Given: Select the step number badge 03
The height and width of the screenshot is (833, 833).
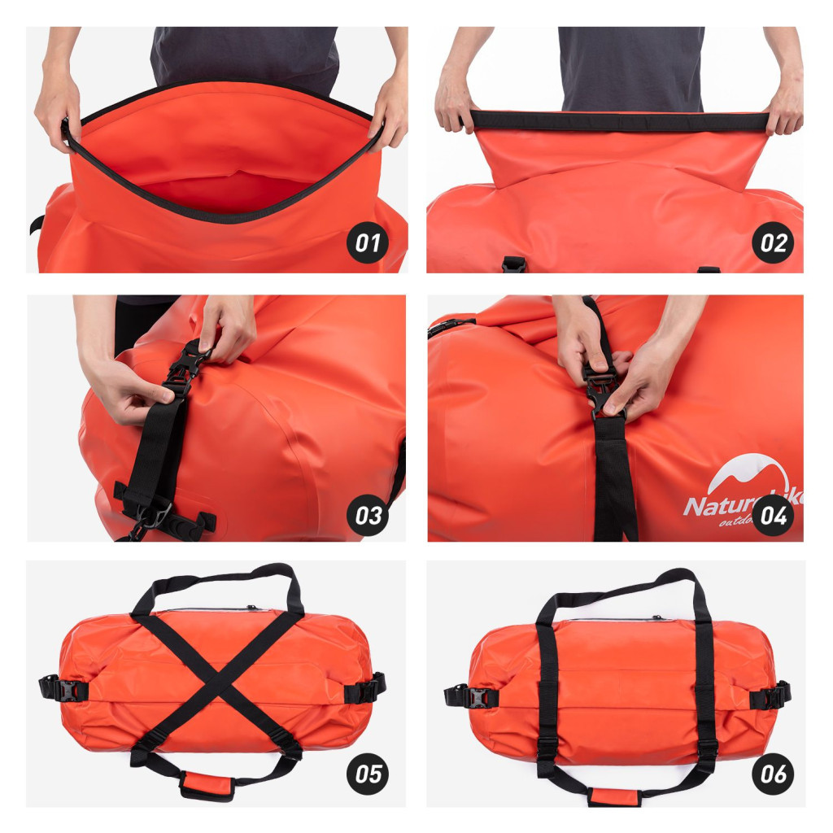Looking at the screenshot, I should pyautogui.click(x=368, y=516).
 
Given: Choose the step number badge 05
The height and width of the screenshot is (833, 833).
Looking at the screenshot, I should pyautogui.click(x=368, y=774).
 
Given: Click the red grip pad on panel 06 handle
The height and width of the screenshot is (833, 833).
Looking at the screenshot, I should pyautogui.click(x=614, y=796).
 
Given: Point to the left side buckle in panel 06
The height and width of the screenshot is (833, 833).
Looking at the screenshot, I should pyautogui.click(x=469, y=696).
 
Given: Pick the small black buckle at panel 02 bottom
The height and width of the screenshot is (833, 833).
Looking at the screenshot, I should pyautogui.click(x=513, y=264).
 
